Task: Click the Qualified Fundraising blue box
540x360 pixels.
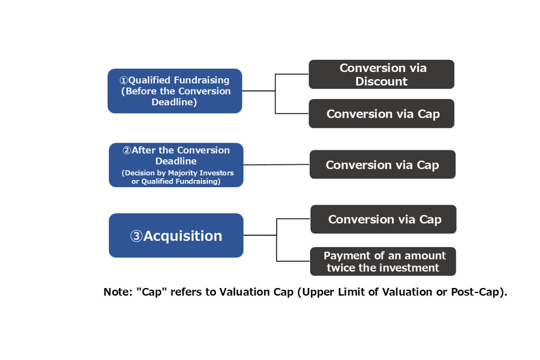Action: [x=175, y=91]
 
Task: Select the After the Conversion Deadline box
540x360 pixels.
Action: [x=176, y=165]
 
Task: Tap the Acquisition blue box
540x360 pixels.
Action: [x=176, y=235]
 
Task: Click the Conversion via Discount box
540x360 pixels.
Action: [x=382, y=74]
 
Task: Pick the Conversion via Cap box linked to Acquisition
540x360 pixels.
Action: [x=383, y=219]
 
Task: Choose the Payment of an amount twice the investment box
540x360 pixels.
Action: [x=383, y=261]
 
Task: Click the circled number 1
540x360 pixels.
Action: [x=123, y=80]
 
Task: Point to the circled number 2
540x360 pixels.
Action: [x=127, y=150]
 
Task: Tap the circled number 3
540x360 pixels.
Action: [x=137, y=236]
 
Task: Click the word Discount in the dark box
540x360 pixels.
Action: [x=382, y=81]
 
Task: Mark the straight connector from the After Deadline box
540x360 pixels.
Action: [x=276, y=165]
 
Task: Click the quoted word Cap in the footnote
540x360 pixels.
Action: [x=152, y=292]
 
